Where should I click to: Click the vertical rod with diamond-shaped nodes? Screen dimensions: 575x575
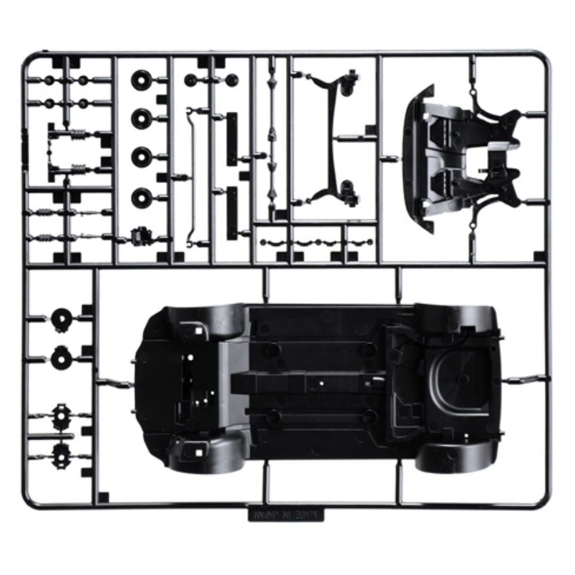272,138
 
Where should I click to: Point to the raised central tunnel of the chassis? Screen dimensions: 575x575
314,383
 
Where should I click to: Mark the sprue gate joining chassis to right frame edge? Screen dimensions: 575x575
524,379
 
